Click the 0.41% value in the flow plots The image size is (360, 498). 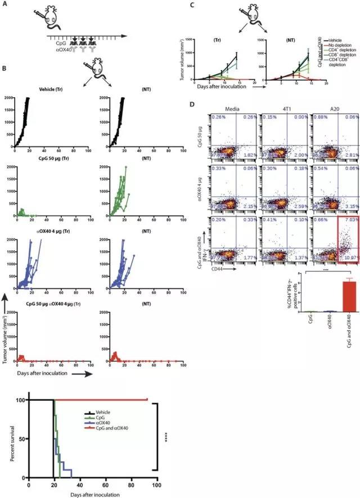tap(263, 204)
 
